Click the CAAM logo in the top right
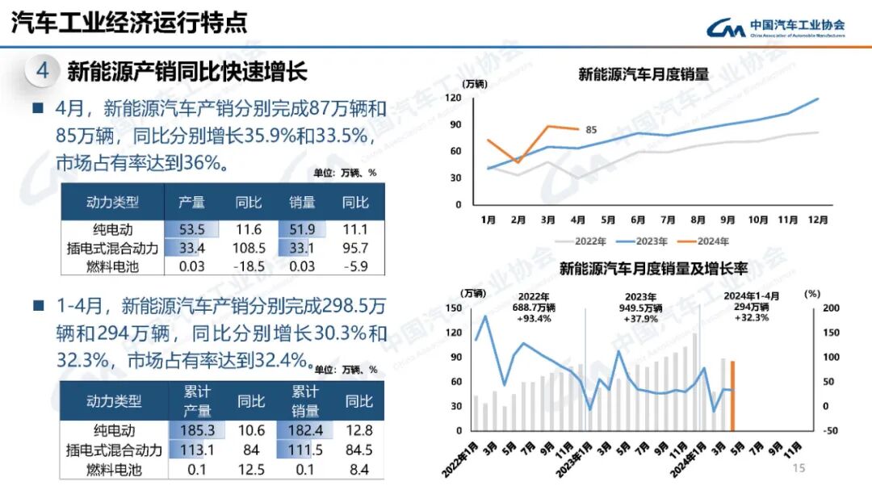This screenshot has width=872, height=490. coord(775,28)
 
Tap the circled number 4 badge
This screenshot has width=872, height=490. coord(43,71)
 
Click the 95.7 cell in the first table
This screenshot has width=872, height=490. coord(355,248)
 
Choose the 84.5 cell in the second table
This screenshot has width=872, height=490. coord(358,450)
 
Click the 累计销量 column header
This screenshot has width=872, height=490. coord(305,400)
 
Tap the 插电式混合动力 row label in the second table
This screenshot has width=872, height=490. coord(114,450)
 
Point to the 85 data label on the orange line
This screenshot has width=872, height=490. coord(591,130)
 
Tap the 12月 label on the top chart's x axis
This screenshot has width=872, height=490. coord(817,219)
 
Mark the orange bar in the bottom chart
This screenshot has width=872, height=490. coord(732,396)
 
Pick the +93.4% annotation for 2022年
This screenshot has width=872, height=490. coord(534,318)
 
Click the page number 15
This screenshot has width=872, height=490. coord(799,468)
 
